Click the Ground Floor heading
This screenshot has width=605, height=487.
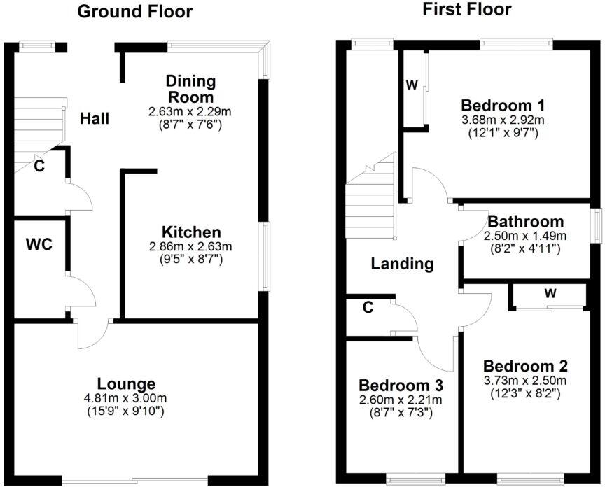(134, 12)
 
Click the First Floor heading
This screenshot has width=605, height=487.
(467, 9)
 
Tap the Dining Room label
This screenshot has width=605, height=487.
(190, 89)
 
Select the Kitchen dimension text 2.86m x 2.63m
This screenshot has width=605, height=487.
(191, 246)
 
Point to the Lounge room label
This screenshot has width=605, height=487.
(126, 383)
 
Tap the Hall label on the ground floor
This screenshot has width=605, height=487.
(94, 119)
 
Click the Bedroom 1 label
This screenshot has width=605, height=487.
(503, 106)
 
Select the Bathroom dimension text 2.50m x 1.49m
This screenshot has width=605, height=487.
(525, 236)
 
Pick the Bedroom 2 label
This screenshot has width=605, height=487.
(525, 367)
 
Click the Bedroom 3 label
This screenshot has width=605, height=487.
(401, 386)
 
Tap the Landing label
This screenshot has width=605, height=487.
(402, 264)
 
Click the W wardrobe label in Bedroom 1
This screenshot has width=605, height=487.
(412, 86)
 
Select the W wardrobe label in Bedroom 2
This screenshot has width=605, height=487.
(550, 293)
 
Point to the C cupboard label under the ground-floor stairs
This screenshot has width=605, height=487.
(41, 167)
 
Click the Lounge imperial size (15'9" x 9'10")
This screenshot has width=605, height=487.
(126, 411)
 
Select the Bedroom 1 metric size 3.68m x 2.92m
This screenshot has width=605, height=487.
(503, 120)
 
